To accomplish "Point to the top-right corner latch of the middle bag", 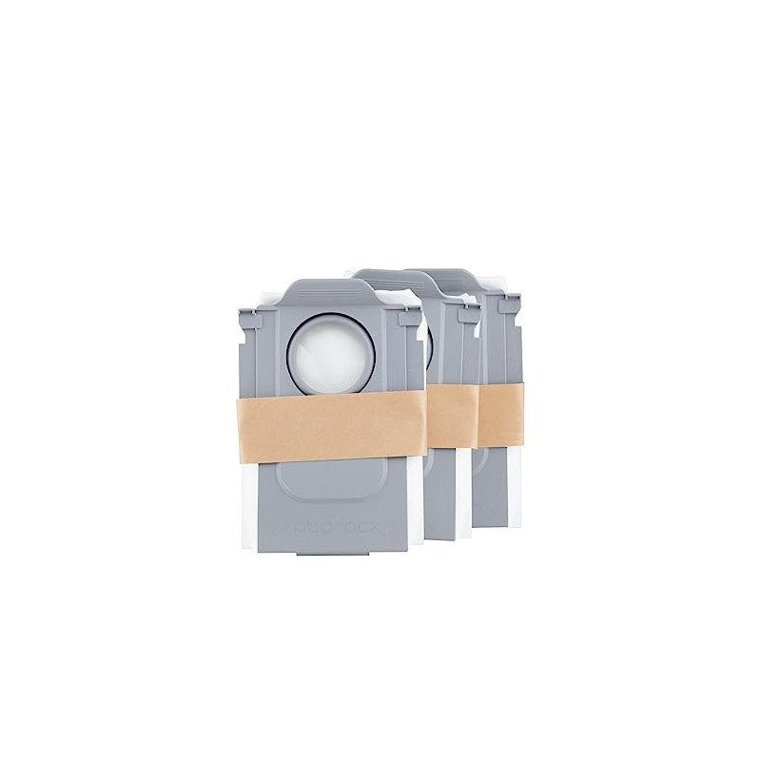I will tap(467, 320).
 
